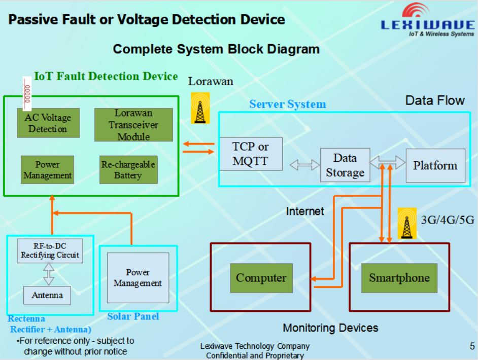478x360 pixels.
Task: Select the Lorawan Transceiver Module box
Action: (133, 125)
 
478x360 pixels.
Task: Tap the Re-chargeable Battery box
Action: (128, 169)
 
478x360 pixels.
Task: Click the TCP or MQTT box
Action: (250, 154)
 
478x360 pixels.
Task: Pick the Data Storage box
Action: (345, 165)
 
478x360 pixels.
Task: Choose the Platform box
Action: (435, 165)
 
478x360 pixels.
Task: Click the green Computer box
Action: (261, 278)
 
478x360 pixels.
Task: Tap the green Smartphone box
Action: (399, 278)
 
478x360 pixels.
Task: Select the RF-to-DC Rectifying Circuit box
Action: (50, 250)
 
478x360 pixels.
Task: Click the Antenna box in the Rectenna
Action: (47, 295)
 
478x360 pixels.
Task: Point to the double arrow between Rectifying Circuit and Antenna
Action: (49, 274)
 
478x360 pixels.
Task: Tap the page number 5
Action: (472, 346)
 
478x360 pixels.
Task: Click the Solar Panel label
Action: (133, 316)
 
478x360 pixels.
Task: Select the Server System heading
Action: (287, 104)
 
